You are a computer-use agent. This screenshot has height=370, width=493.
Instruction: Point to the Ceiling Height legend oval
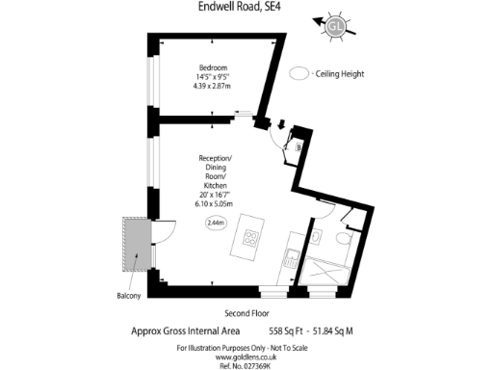pos(299,73)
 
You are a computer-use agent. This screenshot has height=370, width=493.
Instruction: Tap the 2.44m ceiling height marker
pos(216,223)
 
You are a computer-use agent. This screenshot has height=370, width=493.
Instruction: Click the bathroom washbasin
pos(315,236)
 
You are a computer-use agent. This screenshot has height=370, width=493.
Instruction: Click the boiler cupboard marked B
pos(298,146)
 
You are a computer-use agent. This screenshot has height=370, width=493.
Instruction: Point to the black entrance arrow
pos(280,123)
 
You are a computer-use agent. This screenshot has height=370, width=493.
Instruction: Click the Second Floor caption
pos(245,313)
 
